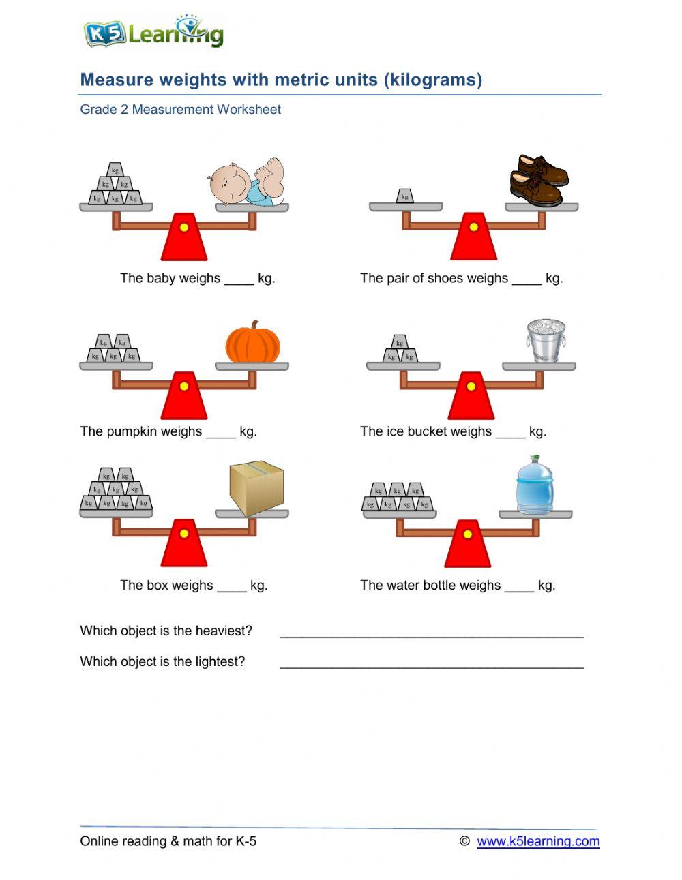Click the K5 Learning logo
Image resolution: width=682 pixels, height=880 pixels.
[153, 33]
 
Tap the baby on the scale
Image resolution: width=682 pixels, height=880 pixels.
[246, 182]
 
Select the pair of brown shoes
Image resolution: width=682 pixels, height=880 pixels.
[539, 180]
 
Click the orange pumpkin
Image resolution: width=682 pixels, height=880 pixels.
[253, 343]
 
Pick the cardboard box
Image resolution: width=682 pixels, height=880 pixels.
[256, 487]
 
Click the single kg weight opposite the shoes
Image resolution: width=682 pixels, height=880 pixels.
[405, 196]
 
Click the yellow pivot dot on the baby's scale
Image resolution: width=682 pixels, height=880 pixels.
[183, 228]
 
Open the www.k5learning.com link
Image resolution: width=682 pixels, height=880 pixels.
[538, 841]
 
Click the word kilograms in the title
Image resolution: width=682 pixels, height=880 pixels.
[433, 80]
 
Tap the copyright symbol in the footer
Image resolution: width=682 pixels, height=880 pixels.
[464, 841]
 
